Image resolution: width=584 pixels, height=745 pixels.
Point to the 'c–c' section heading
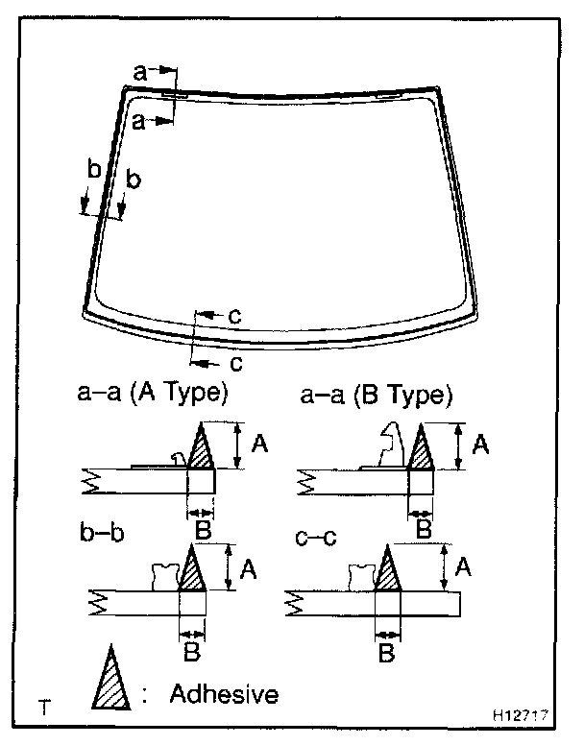click(x=316, y=535)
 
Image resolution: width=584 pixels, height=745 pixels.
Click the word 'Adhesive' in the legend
click(x=223, y=693)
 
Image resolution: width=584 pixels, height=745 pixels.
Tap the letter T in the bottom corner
click(x=44, y=709)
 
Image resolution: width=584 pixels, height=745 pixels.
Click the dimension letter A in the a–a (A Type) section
click(x=258, y=444)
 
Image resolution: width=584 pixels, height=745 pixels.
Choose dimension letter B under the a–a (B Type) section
click(x=423, y=528)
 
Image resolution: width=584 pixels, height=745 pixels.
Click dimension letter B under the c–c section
click(x=387, y=655)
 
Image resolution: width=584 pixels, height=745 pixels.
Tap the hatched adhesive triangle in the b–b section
click(x=192, y=572)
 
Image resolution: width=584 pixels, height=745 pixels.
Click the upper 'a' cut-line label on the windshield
click(x=140, y=71)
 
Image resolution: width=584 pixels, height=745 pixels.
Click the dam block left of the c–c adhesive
click(x=361, y=576)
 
